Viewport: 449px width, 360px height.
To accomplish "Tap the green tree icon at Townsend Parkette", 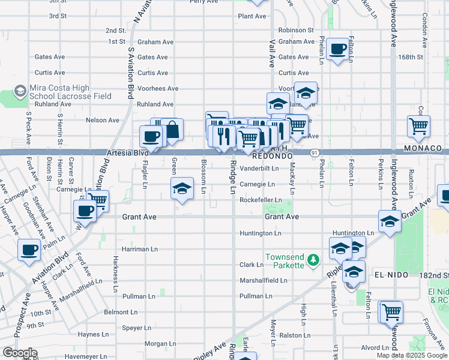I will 312,260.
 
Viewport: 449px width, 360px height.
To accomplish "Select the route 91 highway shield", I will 314,154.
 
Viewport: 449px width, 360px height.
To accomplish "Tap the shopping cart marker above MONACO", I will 418,126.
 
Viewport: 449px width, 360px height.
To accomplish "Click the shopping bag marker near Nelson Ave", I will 172,130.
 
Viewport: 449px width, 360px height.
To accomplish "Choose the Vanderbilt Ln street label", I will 261,169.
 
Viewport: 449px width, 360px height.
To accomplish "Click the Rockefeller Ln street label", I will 261,200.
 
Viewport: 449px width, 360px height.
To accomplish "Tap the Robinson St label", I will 296,29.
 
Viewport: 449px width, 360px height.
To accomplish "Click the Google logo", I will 19,353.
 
